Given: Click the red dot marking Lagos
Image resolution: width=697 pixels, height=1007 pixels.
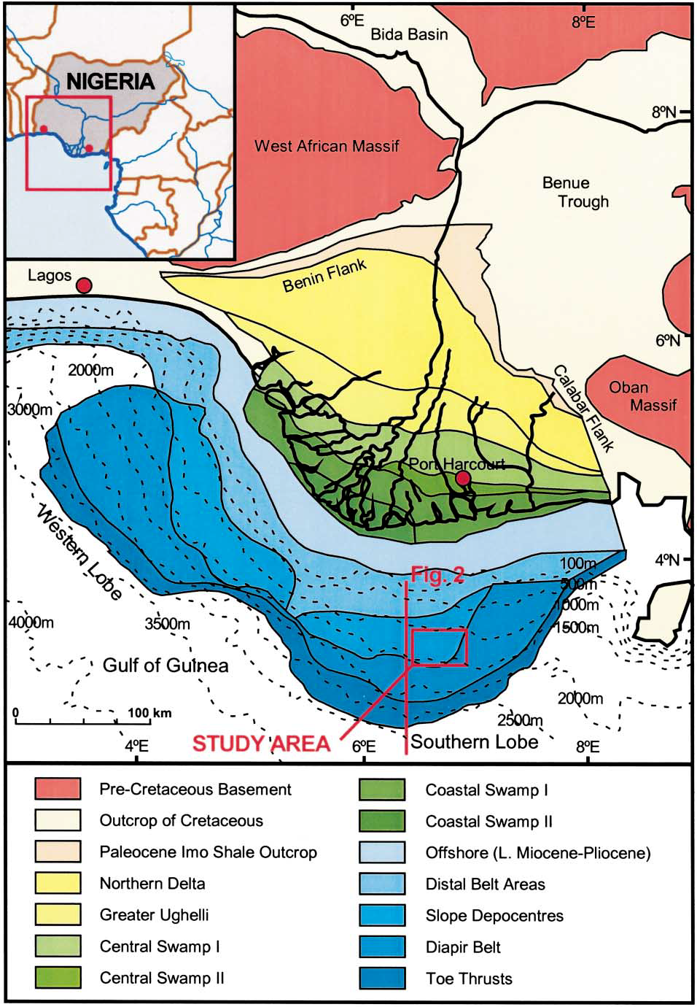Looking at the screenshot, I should click(x=85, y=285).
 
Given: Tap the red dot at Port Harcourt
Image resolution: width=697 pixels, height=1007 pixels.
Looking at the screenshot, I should click(x=462, y=478).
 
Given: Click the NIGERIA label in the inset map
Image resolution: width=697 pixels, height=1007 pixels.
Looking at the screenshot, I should click(x=111, y=81).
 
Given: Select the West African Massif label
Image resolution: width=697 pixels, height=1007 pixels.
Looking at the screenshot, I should click(x=327, y=146).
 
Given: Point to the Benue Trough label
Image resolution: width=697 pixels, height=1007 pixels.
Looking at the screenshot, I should click(x=575, y=192).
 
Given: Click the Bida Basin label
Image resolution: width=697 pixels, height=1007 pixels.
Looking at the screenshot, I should click(x=409, y=34).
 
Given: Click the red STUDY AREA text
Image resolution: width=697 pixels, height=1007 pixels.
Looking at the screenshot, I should click(x=261, y=744).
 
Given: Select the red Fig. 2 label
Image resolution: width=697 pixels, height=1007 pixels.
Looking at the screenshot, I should click(x=437, y=574).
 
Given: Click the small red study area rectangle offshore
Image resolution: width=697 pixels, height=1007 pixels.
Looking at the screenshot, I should click(x=439, y=647).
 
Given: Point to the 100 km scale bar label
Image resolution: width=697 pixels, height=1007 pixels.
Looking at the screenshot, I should click(x=149, y=712).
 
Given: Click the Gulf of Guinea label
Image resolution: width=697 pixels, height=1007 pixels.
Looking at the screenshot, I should click(x=166, y=665).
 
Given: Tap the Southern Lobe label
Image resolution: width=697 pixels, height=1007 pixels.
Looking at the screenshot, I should click(x=475, y=742).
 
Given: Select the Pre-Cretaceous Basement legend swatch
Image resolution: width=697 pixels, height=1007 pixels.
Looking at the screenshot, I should click(x=57, y=789).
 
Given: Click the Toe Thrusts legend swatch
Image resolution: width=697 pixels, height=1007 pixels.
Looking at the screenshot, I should click(x=383, y=979).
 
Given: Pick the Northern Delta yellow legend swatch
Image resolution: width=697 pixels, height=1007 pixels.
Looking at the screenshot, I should click(x=57, y=884).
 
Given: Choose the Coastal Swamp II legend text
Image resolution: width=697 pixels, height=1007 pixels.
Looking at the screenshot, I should click(x=488, y=821).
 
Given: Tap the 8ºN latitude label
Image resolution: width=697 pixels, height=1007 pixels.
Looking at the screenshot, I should click(x=664, y=112).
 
